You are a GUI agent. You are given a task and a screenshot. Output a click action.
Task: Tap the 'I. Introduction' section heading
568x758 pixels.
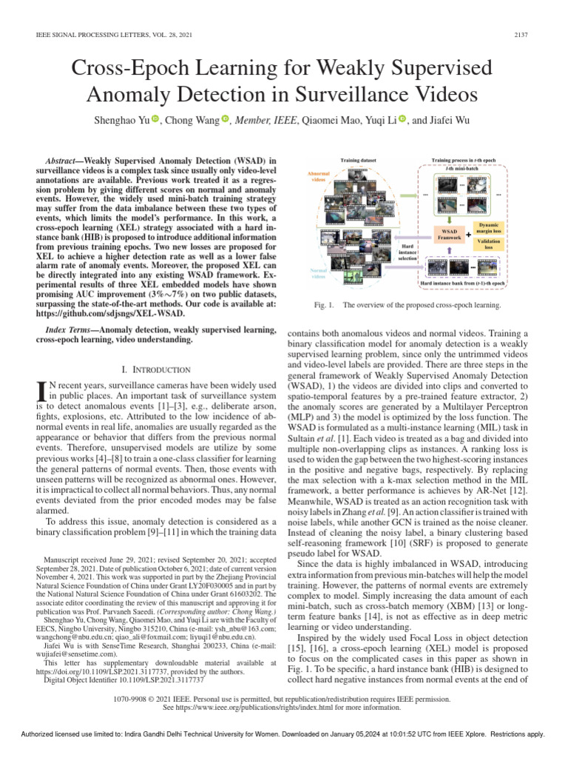[155, 370]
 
